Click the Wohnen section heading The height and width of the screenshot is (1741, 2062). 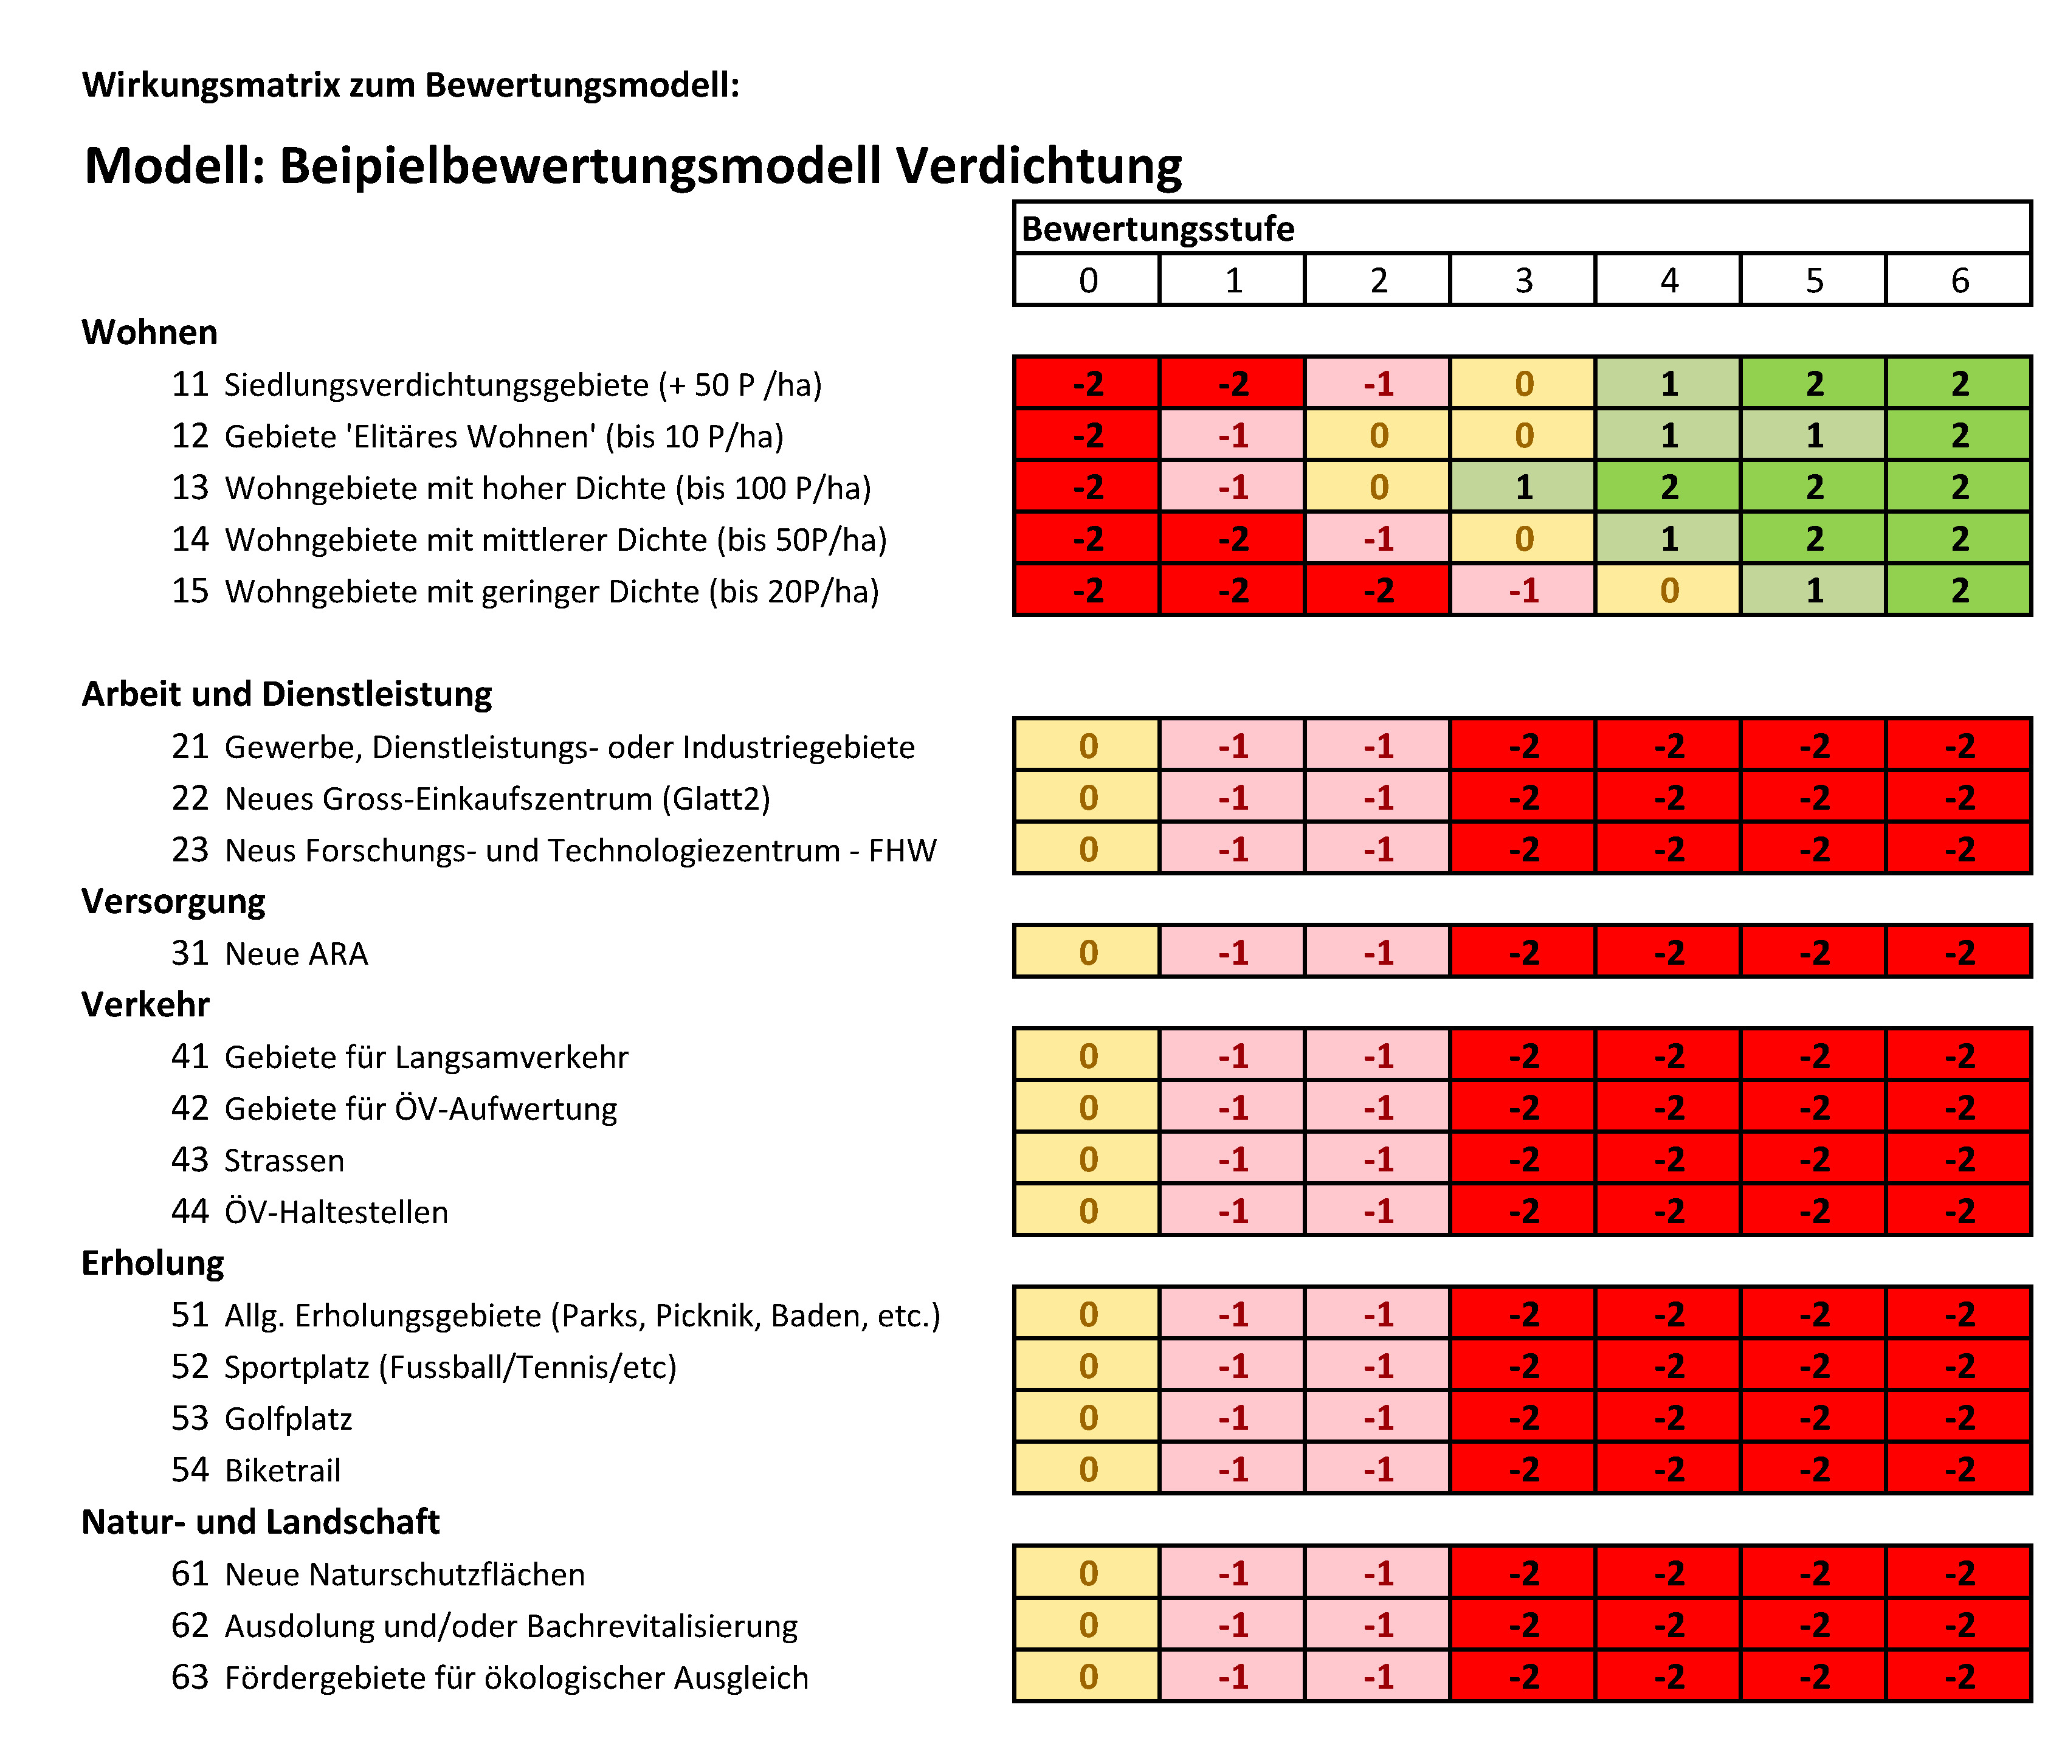[149, 333]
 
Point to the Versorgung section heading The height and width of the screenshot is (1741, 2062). [173, 901]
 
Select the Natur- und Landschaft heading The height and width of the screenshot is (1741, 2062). [260, 1522]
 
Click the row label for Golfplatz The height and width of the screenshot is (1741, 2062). [288, 1418]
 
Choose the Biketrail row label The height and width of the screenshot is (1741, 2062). [282, 1470]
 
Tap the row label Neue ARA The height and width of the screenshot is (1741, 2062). [296, 953]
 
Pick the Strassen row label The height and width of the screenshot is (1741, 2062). [284, 1160]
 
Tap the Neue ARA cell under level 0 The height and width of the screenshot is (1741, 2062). [1087, 953]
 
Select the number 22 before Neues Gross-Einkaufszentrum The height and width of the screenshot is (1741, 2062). [190, 798]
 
